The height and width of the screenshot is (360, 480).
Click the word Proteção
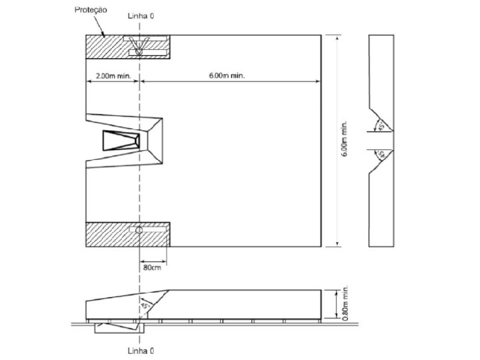point(91,10)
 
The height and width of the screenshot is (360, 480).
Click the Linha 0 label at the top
point(141,16)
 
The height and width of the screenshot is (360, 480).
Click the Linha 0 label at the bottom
point(141,351)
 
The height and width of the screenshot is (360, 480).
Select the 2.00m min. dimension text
point(113,75)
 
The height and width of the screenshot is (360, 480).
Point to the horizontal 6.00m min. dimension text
point(227,75)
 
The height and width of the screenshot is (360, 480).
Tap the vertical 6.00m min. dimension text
point(345,139)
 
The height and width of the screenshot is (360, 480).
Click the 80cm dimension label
point(152,267)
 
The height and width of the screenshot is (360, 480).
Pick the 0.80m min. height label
point(345,303)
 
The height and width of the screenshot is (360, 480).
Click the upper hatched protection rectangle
point(127,47)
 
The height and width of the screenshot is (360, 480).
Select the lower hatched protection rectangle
point(127,235)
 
